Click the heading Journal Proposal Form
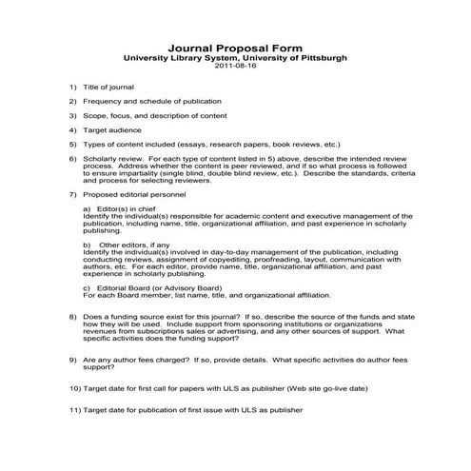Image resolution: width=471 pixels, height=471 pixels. [235, 47]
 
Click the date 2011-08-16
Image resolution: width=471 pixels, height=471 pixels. [235, 67]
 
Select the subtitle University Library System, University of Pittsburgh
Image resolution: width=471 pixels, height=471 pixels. [235, 57]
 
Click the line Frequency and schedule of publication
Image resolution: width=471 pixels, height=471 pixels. [152, 101]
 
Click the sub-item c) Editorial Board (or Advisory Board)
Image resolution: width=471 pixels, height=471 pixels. [151, 287]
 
